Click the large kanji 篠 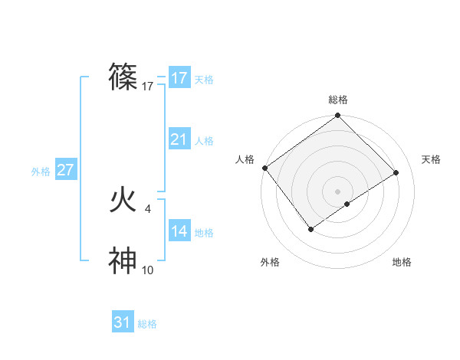(x=123, y=77)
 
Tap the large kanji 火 (x=123, y=200)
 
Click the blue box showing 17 (x=179, y=78)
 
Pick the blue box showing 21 (x=179, y=139)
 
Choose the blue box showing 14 (x=179, y=231)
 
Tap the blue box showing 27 (x=65, y=170)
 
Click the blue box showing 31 (x=123, y=322)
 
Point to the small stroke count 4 (x=147, y=208)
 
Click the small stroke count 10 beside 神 (x=148, y=270)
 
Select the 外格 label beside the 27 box (x=41, y=172)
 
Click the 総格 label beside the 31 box (x=147, y=324)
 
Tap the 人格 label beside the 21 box (x=204, y=141)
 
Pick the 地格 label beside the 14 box (x=204, y=233)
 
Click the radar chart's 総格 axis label (x=337, y=100)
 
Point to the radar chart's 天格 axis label (x=431, y=159)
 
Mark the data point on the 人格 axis (x=264, y=168)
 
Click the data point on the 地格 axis (x=347, y=204)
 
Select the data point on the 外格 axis (x=311, y=228)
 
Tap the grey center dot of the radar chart (x=337, y=191)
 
